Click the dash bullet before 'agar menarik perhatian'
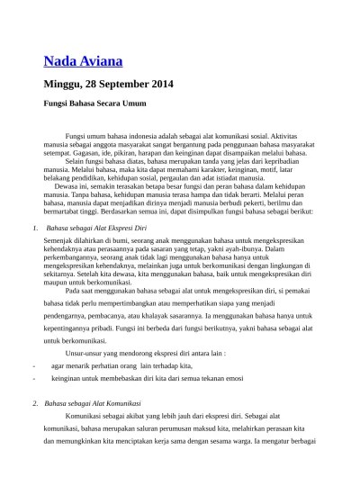pyautogui.click(x=33, y=366)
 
